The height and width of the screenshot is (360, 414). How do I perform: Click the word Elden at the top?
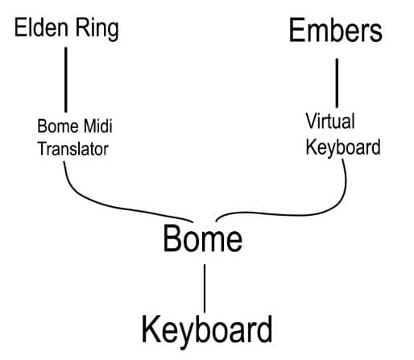pyautogui.click(x=41, y=27)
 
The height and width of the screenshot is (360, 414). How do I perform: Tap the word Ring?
pyautogui.click(x=97, y=29)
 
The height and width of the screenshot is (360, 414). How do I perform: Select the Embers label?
pyautogui.click(x=336, y=30)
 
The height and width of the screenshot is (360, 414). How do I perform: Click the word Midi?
pyautogui.click(x=97, y=126)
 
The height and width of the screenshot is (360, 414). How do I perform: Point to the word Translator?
pyautogui.click(x=73, y=149)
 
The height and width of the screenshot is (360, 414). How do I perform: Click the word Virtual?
pyautogui.click(x=330, y=121)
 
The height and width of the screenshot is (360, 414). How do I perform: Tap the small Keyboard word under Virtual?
pyautogui.click(x=343, y=148)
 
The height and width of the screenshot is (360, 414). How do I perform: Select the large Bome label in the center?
pyautogui.click(x=203, y=238)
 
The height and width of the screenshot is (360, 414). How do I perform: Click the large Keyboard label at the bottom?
pyautogui.click(x=207, y=331)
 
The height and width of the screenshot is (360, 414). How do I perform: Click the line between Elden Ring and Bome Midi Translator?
pyautogui.click(x=66, y=80)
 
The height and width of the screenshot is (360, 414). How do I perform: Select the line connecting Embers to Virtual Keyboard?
pyautogui.click(x=337, y=83)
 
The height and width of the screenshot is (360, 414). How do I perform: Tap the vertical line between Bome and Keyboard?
pyautogui.click(x=205, y=288)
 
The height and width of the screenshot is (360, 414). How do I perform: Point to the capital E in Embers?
pyautogui.click(x=296, y=30)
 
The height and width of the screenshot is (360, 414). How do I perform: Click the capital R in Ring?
pyautogui.click(x=82, y=27)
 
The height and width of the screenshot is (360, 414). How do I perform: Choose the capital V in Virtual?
pyautogui.click(x=312, y=121)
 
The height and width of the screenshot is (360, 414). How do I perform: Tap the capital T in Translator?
pyautogui.click(x=43, y=149)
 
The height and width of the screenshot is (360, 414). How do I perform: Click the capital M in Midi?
pyautogui.click(x=90, y=126)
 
